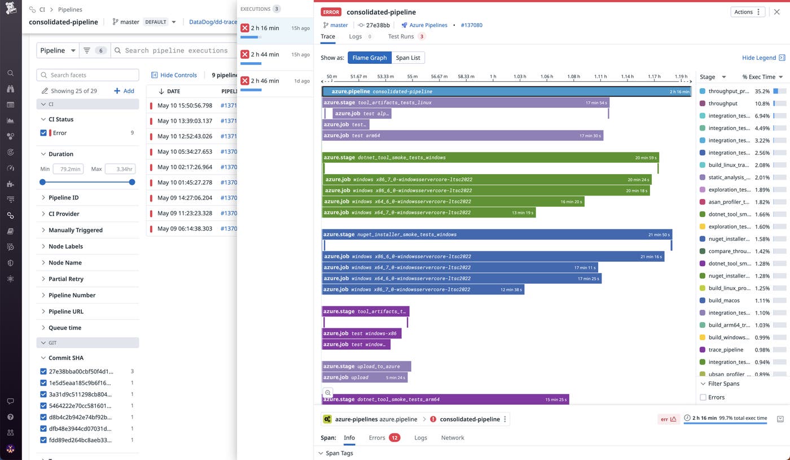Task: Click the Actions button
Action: pos(747,12)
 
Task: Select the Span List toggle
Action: pos(407,58)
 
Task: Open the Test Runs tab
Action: pos(401,36)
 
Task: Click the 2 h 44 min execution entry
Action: pos(275,55)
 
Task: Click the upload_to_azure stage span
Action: pos(366,366)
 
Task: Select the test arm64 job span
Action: pos(463,136)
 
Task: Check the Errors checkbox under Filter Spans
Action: pos(703,397)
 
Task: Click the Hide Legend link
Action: pos(759,58)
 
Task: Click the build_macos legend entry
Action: pos(724,301)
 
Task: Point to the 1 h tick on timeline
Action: pos(493,76)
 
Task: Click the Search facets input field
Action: pos(88,75)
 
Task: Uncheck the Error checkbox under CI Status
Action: pos(43,133)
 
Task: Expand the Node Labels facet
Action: pos(65,246)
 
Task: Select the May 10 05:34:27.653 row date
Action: pos(185,151)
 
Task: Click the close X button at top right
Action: pos(776,12)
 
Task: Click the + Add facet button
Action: pos(124,91)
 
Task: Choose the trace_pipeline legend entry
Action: pos(725,350)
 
